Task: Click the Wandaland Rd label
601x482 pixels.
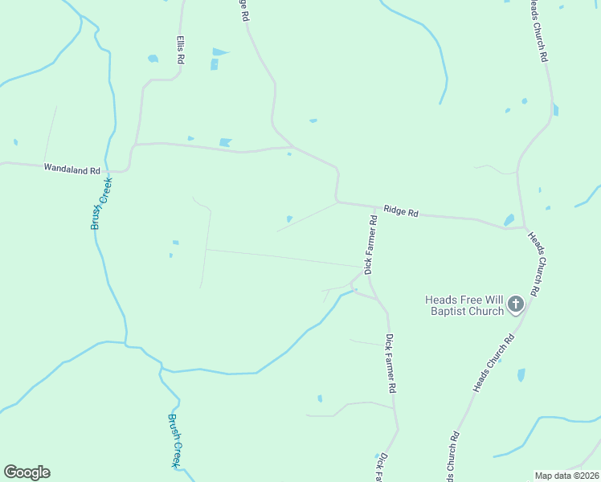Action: click(72, 170)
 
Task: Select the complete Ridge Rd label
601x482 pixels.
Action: click(401, 211)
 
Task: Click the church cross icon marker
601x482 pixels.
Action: click(515, 304)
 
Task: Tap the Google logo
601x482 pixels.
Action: click(27, 472)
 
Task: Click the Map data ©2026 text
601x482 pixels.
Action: click(566, 476)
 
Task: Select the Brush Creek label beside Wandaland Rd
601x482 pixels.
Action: click(101, 202)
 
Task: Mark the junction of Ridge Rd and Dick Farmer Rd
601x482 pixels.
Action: click(376, 206)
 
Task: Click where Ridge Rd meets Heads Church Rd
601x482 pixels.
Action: click(524, 227)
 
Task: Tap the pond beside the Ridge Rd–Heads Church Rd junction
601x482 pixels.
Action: click(509, 219)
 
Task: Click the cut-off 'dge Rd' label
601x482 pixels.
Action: click(244, 10)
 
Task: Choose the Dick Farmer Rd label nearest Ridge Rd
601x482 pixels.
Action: click(371, 245)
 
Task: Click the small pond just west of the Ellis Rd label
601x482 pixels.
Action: click(153, 58)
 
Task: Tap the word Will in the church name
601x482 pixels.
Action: click(493, 300)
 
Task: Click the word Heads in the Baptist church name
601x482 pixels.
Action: click(442, 300)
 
